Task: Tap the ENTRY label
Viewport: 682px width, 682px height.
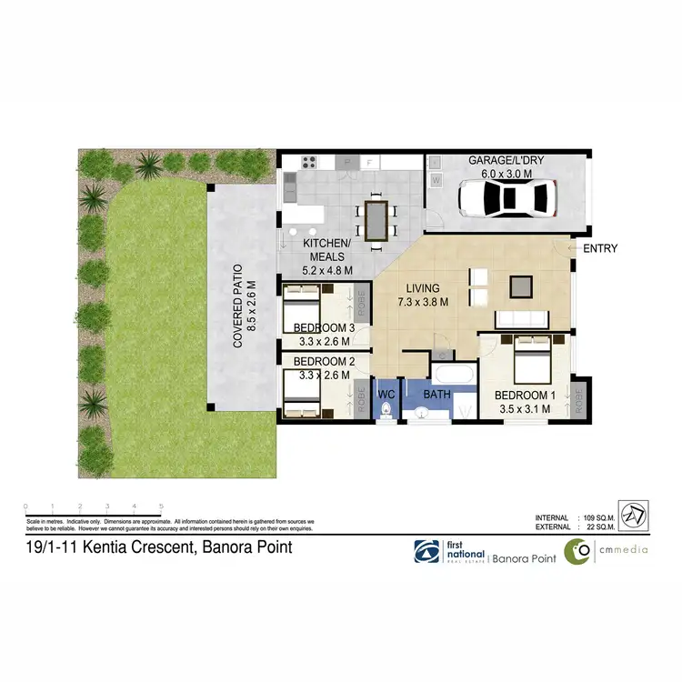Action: coord(600,247)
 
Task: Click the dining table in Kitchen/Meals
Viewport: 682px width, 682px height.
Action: coord(376,219)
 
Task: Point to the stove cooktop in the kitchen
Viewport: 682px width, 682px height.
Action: coord(307,163)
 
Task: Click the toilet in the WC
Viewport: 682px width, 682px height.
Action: coord(387,410)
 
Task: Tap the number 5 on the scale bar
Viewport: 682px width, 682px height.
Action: coord(161,506)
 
